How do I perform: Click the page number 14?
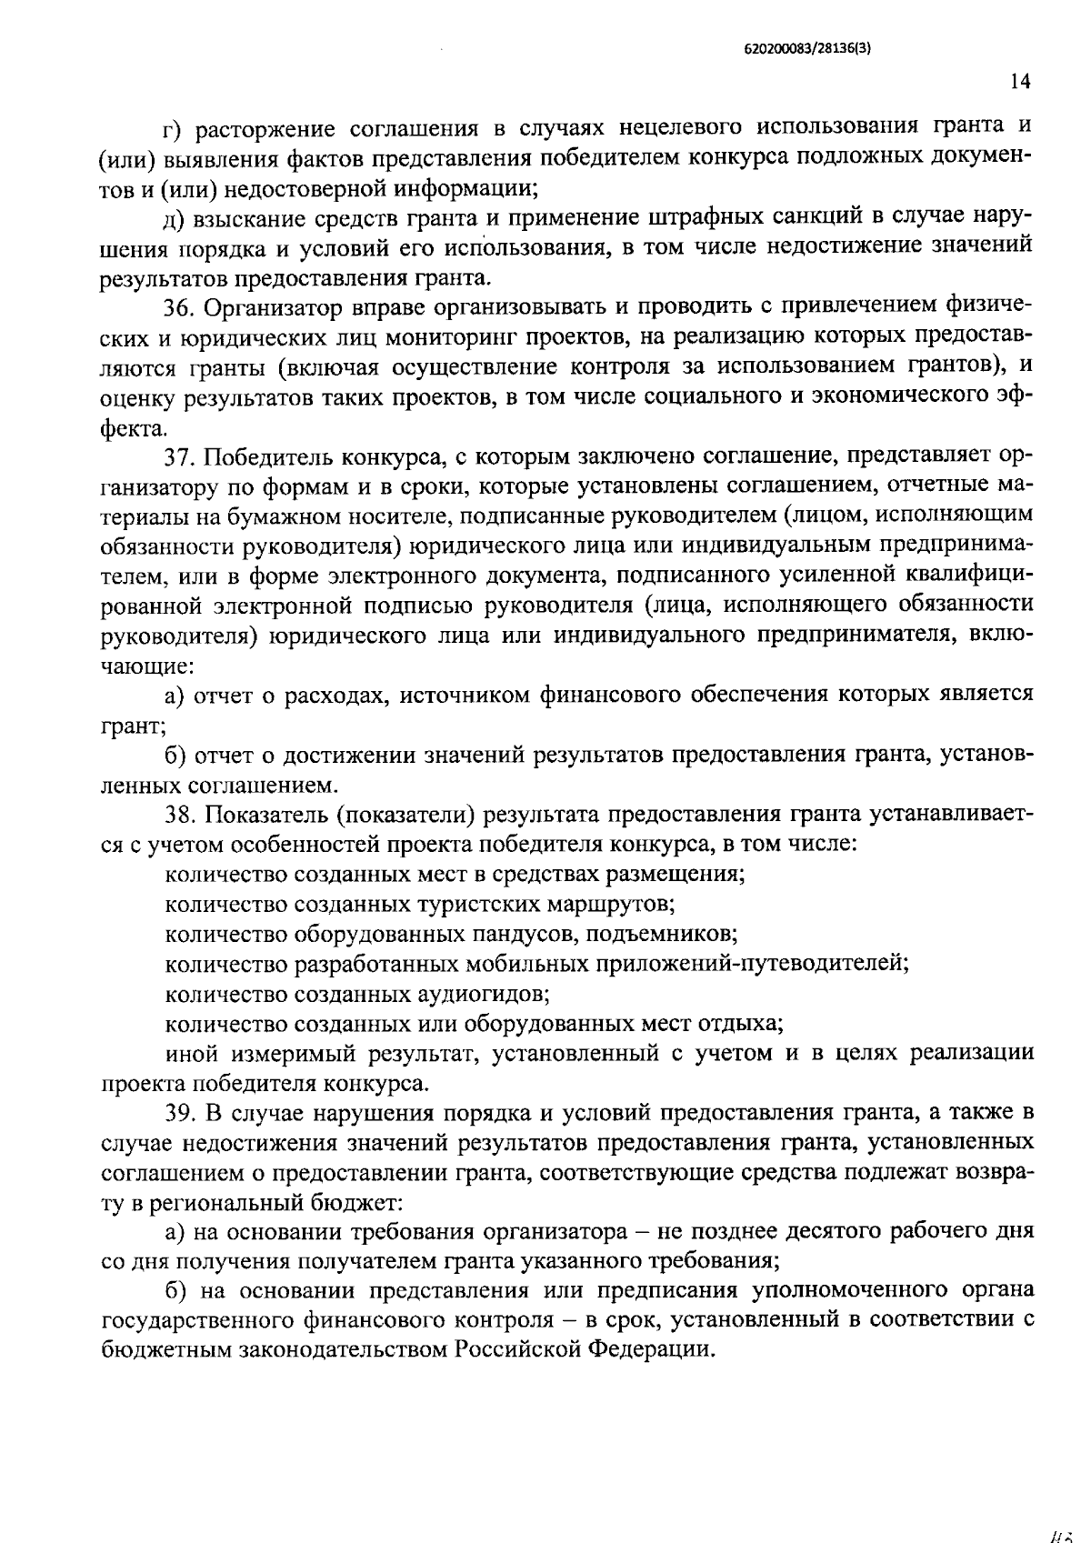tap(1020, 82)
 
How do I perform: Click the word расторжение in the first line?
tap(259, 128)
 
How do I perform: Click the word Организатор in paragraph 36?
tap(275, 309)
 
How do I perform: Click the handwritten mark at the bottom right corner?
tap(1061, 1530)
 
